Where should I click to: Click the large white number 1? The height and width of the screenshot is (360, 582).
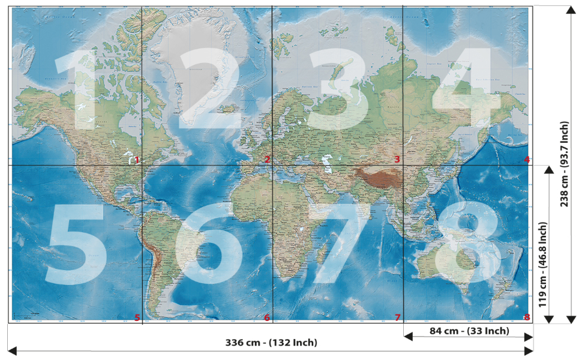[81, 90]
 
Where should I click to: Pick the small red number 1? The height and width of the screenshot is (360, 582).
[137, 160]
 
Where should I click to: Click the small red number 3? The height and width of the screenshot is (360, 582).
[397, 160]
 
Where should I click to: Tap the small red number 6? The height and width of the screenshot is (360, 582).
[267, 317]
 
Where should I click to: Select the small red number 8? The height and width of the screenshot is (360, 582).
[527, 317]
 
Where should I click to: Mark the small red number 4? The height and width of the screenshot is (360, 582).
[527, 160]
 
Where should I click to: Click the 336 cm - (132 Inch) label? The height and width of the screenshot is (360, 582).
[271, 343]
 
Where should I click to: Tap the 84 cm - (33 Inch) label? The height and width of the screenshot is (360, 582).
[469, 331]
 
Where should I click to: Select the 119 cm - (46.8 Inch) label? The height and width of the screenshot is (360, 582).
[543, 265]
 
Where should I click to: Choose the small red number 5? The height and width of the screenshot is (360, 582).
[137, 317]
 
